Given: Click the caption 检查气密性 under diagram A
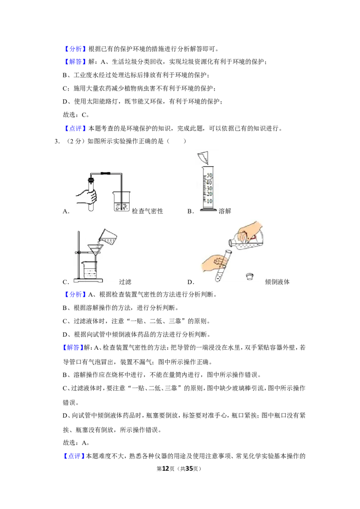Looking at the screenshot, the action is pos(147,211).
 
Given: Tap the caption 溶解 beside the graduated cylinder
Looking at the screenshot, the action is pos(225,211).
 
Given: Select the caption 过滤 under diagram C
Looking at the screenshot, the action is pos(125,282).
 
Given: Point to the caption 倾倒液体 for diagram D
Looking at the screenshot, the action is pos(277,282).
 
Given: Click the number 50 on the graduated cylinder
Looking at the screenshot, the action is pos(209,175).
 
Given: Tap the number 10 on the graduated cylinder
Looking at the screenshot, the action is pos(209,201).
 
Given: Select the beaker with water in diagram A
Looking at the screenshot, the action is pos(121,201).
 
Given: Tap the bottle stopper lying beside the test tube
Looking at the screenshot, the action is pos(250,277).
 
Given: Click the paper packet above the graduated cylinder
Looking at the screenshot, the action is pos(203,158).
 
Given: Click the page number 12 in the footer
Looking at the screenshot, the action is pos(166,469).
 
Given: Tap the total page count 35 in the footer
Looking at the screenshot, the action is pos(189,469).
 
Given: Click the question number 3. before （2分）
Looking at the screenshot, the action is pos(57,141).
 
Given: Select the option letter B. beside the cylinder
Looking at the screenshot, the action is pos(190,211).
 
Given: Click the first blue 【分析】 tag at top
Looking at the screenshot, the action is pos(75,49).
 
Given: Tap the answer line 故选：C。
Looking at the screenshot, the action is pos(76,115).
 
